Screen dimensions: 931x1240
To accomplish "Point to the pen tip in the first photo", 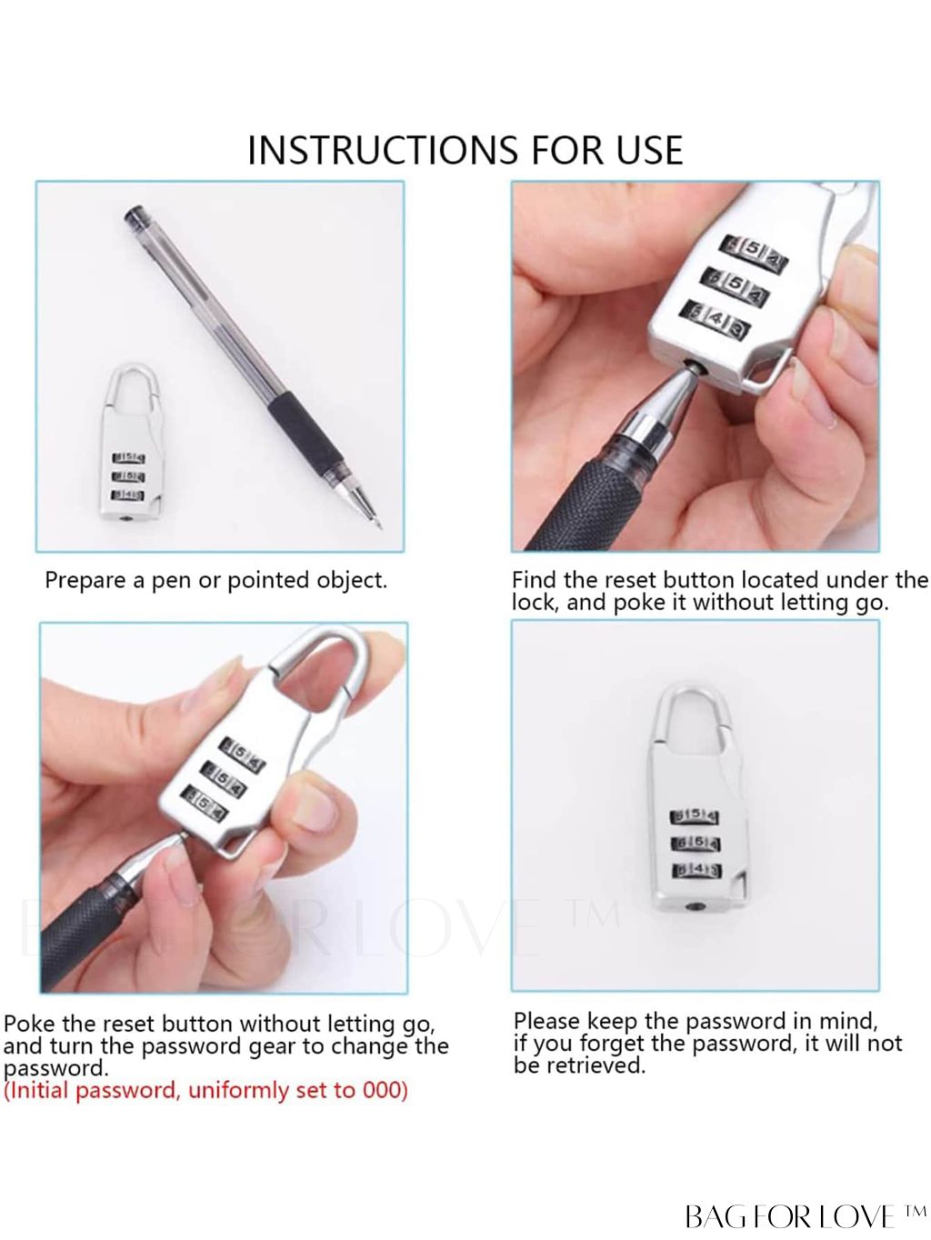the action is pos(378,525).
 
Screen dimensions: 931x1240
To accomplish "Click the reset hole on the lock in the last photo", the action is pos(692,907).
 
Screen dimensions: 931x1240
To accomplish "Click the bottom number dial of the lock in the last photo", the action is pos(696,871).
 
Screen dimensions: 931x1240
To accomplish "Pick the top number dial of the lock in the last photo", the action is pos(695,816).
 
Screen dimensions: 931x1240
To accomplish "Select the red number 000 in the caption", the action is pos(385,1090).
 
